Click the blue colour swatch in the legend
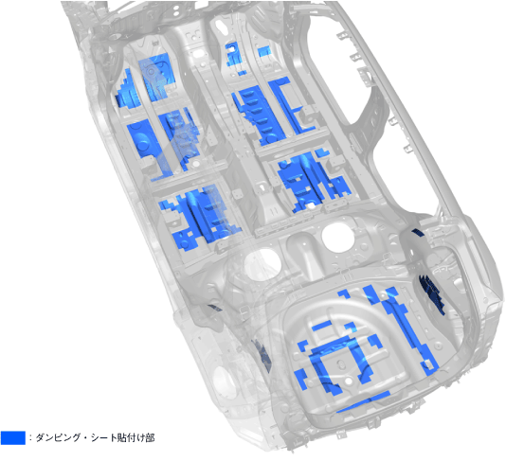pyautogui.click(x=13, y=437)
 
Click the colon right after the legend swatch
pyautogui.click(x=30, y=437)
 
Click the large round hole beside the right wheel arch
pyautogui.click(x=336, y=238)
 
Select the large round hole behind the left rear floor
pyautogui.click(x=263, y=264)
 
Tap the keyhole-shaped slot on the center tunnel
pyautogui.click(x=262, y=188)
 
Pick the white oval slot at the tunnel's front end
pyautogui.click(x=221, y=26)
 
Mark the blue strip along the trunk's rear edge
pyautogui.click(x=363, y=402)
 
